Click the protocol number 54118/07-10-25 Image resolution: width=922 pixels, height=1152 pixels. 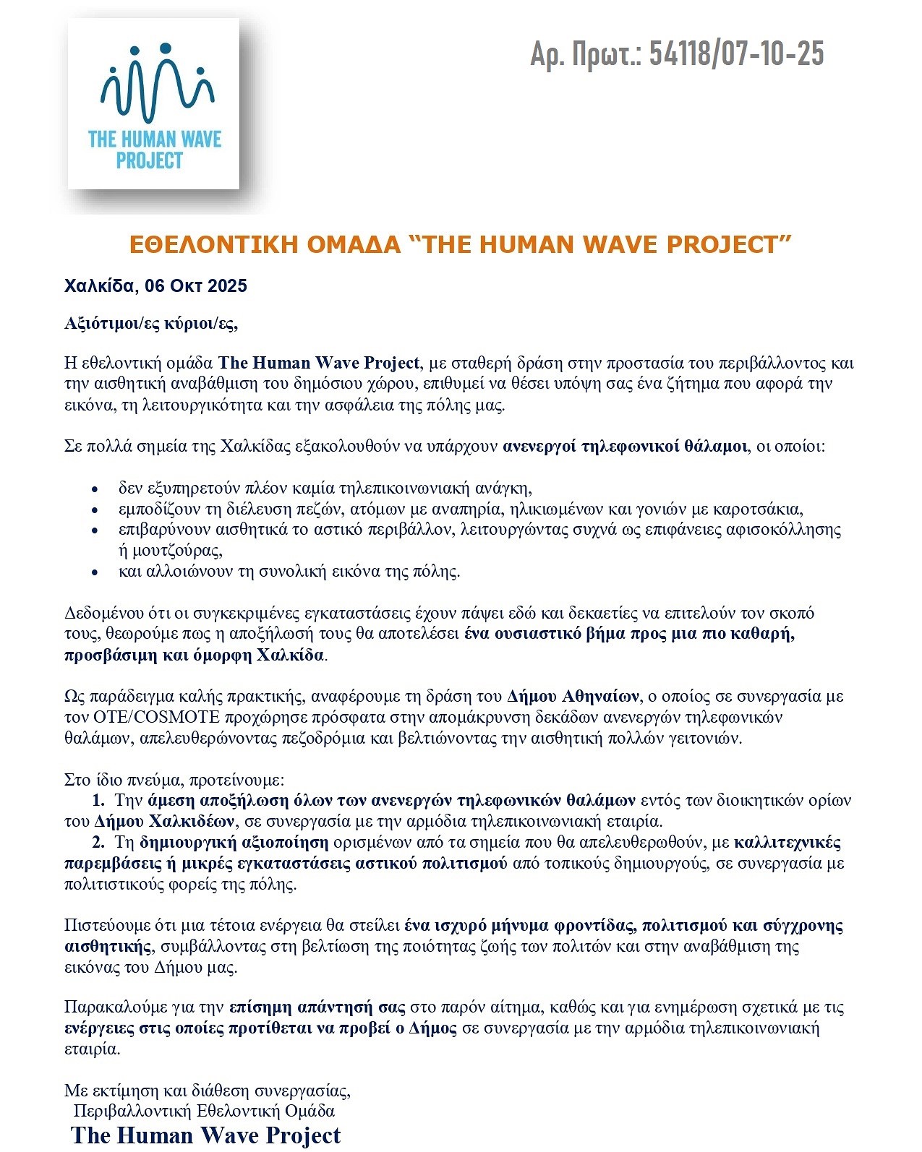pyautogui.click(x=736, y=53)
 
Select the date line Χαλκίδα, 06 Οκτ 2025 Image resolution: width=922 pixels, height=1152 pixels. pyautogui.click(x=155, y=285)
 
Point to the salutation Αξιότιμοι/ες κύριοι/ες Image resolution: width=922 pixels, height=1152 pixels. pyautogui.click(x=151, y=323)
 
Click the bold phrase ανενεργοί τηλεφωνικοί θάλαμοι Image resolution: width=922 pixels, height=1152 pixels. pyautogui.click(x=625, y=446)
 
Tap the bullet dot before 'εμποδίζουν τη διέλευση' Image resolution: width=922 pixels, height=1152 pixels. pyautogui.click(x=95, y=510)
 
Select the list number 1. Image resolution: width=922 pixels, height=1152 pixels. pyautogui.click(x=98, y=801)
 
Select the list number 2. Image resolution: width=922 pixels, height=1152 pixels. pyautogui.click(x=98, y=843)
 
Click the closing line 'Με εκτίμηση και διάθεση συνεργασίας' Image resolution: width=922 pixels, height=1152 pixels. pyautogui.click(x=208, y=1090)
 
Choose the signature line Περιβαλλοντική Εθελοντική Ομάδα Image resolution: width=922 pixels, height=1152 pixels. pyautogui.click(x=204, y=1111)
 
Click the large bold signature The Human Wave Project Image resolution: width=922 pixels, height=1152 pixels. pyautogui.click(x=206, y=1135)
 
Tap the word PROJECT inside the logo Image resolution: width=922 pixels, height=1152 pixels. pyautogui.click(x=150, y=160)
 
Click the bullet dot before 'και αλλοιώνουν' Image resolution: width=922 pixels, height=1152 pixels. pyautogui.click(x=95, y=572)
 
